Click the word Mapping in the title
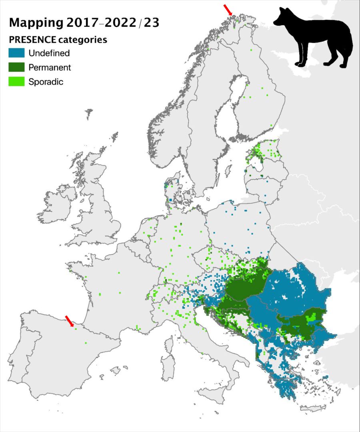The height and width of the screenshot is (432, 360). point(36,23)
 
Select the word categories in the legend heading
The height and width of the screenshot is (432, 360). point(84,40)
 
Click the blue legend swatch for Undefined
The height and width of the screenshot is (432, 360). point(17,53)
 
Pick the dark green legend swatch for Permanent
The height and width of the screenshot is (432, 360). point(17,67)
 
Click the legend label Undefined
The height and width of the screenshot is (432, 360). point(49,53)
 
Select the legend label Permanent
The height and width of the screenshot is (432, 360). point(50,67)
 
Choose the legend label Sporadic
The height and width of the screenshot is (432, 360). point(46,82)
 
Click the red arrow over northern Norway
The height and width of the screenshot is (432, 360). point(228,10)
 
